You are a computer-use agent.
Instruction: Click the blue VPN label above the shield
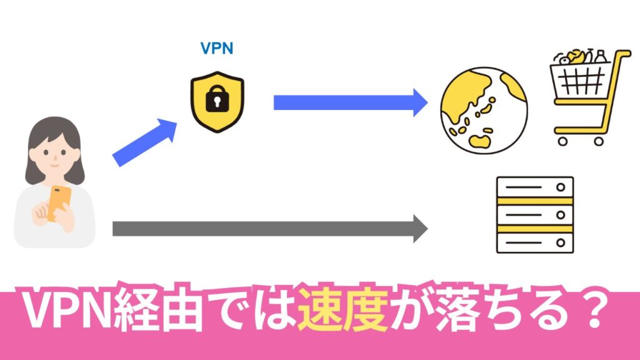216,49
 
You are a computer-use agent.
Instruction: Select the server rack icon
534,214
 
